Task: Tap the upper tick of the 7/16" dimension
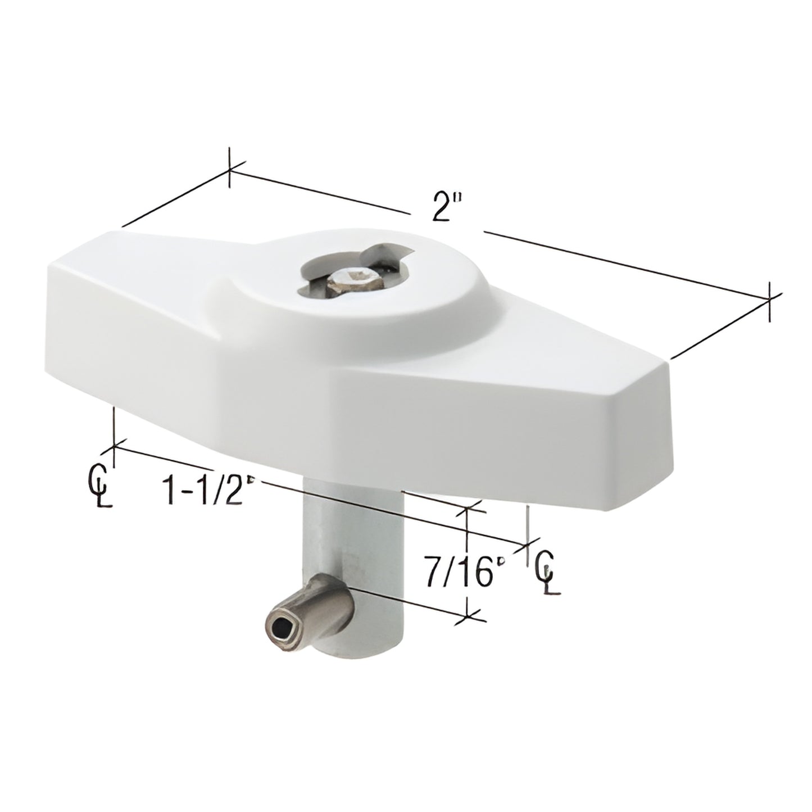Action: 468,509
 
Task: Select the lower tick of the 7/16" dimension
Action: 468,618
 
